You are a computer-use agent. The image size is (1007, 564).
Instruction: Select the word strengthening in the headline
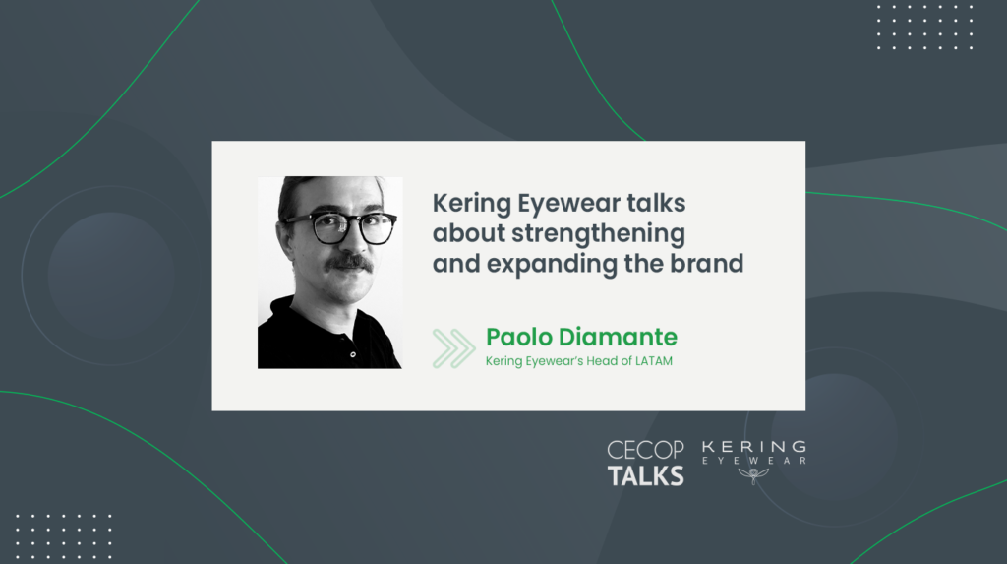coord(599,234)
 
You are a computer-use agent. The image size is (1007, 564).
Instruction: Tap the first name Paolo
coord(519,337)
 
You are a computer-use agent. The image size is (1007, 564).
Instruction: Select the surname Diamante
coord(618,337)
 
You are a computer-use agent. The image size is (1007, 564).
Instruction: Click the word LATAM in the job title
coord(654,361)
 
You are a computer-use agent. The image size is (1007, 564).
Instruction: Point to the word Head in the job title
coord(602,361)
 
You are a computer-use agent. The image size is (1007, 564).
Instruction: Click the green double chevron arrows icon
coord(453,347)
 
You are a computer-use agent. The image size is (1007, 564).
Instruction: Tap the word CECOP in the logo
coord(645,450)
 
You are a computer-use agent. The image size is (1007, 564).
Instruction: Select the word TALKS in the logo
coord(645,476)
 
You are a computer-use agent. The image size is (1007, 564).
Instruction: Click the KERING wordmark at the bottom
coord(754,446)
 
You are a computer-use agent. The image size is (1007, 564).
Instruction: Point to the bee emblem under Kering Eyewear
coord(753,475)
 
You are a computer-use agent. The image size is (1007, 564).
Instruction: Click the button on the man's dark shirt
coord(353,354)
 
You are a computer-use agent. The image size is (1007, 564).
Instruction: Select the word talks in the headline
coord(656,203)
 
